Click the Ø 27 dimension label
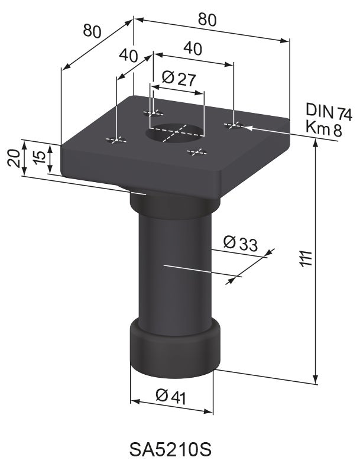click(178, 79)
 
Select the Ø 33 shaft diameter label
click(241, 242)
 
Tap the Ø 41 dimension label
click(171, 397)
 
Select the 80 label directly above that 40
click(206, 20)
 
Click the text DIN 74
click(328, 111)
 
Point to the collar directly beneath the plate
click(175, 205)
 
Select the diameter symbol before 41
click(163, 396)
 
